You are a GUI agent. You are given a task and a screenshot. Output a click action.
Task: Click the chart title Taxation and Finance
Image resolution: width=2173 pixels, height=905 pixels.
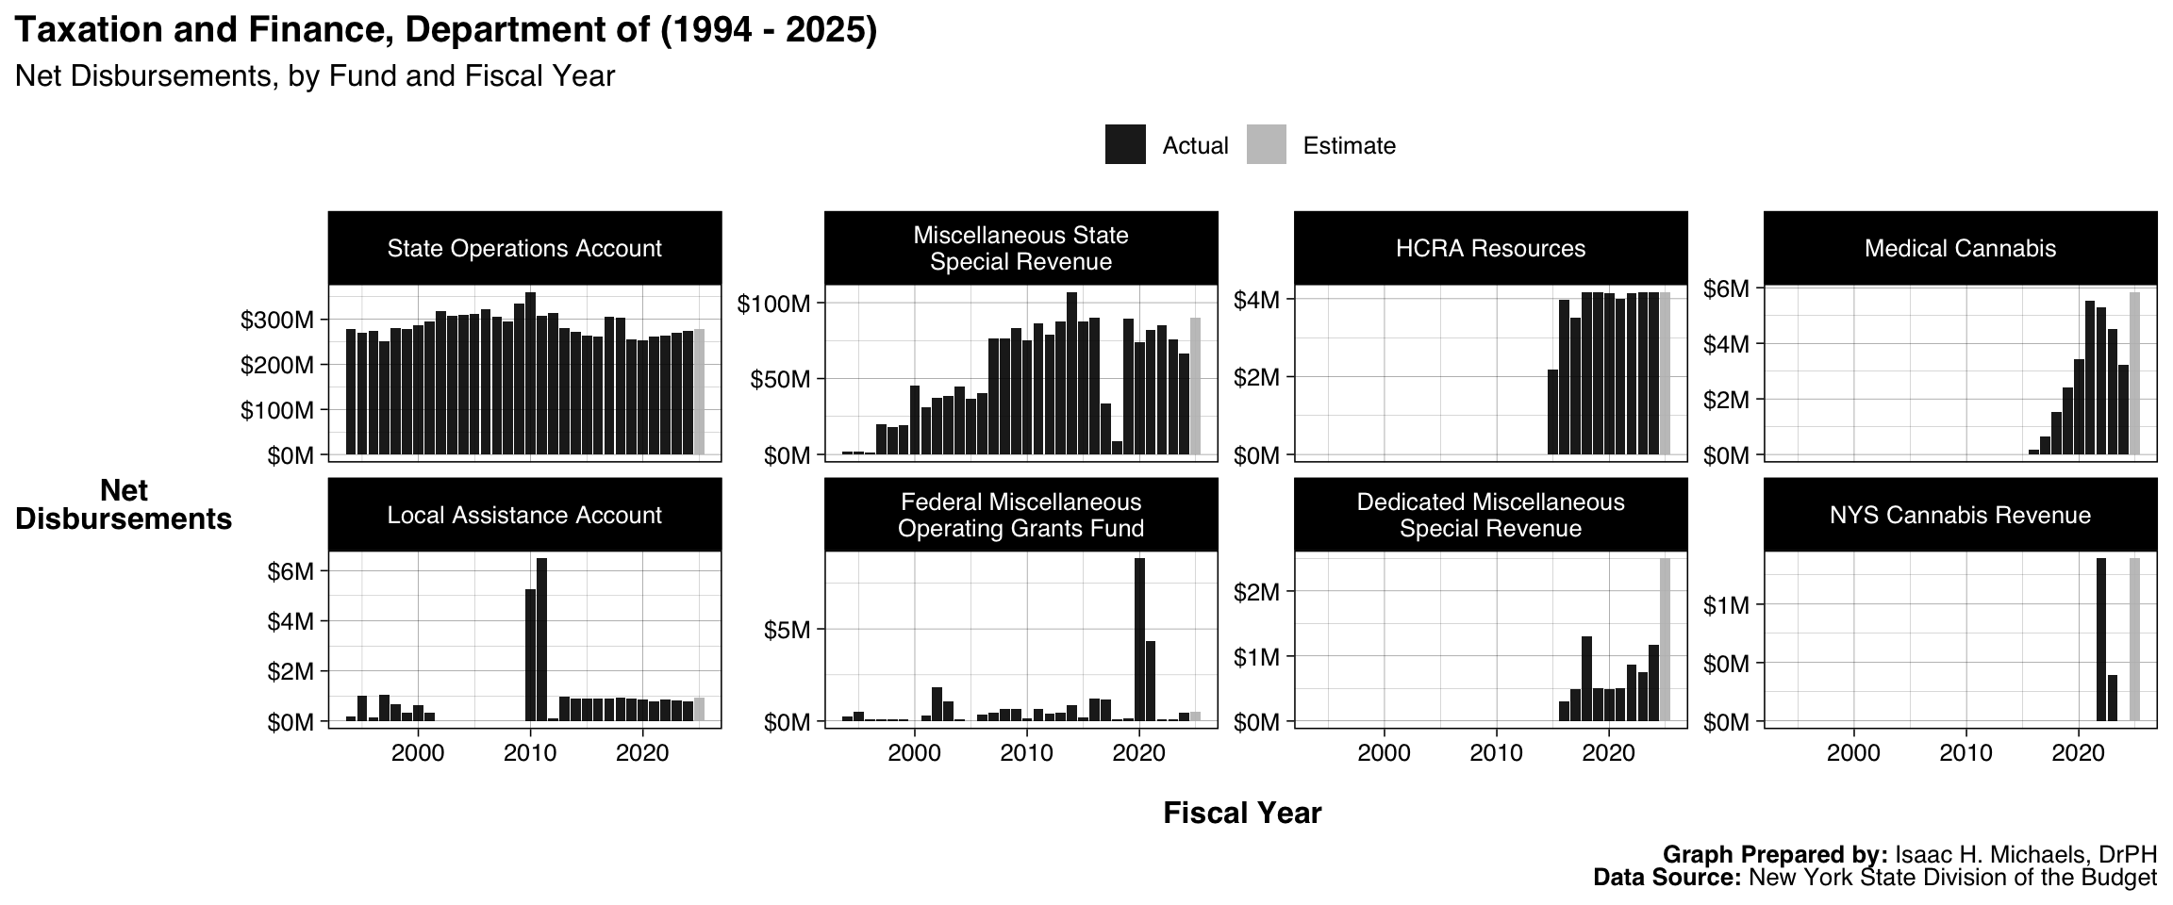[445, 30]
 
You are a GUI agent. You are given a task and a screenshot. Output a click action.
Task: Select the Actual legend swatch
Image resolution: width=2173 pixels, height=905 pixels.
[1125, 145]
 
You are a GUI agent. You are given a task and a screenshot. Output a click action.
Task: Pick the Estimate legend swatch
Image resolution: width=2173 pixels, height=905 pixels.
[1266, 145]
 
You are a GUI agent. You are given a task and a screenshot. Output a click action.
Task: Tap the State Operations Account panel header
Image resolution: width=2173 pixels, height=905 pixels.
[524, 249]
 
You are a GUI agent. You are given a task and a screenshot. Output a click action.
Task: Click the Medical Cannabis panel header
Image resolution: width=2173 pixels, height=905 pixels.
[1960, 249]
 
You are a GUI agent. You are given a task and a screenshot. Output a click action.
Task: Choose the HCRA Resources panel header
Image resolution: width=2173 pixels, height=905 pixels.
[1490, 249]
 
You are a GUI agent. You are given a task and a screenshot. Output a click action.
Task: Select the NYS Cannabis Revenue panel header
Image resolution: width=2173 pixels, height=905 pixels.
[1960, 516]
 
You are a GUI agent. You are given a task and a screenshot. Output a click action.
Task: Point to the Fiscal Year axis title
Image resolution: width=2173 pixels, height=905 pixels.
[1242, 813]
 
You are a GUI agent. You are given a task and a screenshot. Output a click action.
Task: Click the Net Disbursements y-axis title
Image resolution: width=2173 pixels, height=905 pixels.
[124, 504]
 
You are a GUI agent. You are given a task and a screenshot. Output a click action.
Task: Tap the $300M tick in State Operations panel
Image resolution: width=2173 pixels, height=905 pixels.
[276, 321]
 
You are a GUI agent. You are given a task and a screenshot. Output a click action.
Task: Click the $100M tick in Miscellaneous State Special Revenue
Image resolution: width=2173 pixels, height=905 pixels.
[772, 304]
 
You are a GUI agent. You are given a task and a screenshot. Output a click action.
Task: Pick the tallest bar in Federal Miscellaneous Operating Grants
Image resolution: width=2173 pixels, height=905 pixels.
[1139, 639]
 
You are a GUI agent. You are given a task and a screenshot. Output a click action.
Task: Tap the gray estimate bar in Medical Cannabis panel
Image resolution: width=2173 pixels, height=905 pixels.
[2134, 373]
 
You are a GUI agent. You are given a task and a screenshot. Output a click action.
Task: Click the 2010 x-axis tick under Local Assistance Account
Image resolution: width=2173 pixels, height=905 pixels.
[530, 753]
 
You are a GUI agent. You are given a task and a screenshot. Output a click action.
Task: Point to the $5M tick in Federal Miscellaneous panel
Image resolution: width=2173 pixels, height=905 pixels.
[787, 630]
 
